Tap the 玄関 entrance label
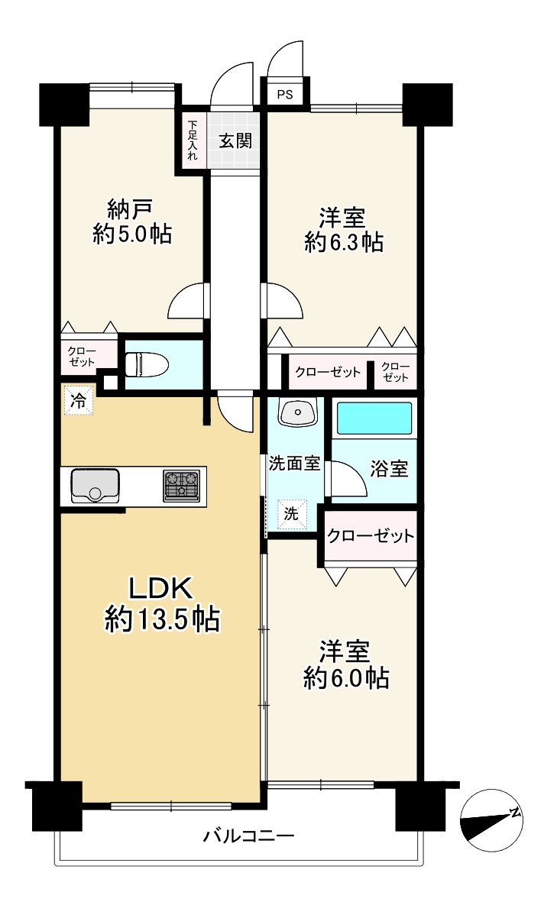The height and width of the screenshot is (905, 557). pyautogui.click(x=235, y=141)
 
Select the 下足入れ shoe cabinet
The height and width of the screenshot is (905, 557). pyautogui.click(x=193, y=139)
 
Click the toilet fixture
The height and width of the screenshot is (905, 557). pyautogui.click(x=147, y=365)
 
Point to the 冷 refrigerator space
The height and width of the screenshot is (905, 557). pyautogui.click(x=78, y=400)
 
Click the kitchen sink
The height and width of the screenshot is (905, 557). pyautogui.click(x=96, y=486)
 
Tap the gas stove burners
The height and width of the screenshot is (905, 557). pyautogui.click(x=182, y=485)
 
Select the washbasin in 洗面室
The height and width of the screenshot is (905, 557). pyautogui.click(x=297, y=412)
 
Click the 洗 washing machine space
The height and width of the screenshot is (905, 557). pyautogui.click(x=291, y=513)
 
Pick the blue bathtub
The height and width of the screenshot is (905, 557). pyautogui.click(x=374, y=419)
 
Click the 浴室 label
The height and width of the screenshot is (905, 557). pyautogui.click(x=388, y=469)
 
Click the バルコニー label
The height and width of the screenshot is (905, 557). pyautogui.click(x=249, y=836)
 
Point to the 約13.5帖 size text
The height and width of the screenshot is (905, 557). pyautogui.click(x=162, y=620)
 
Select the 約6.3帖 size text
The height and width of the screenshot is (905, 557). pyautogui.click(x=343, y=242)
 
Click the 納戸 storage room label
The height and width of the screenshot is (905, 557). pyautogui.click(x=131, y=210)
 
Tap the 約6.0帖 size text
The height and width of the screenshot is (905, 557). pyautogui.click(x=346, y=678)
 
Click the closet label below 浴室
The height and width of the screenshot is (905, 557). pyautogui.click(x=371, y=536)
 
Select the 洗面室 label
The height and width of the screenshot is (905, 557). pyautogui.click(x=294, y=464)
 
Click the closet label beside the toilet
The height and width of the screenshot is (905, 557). pyautogui.click(x=82, y=357)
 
